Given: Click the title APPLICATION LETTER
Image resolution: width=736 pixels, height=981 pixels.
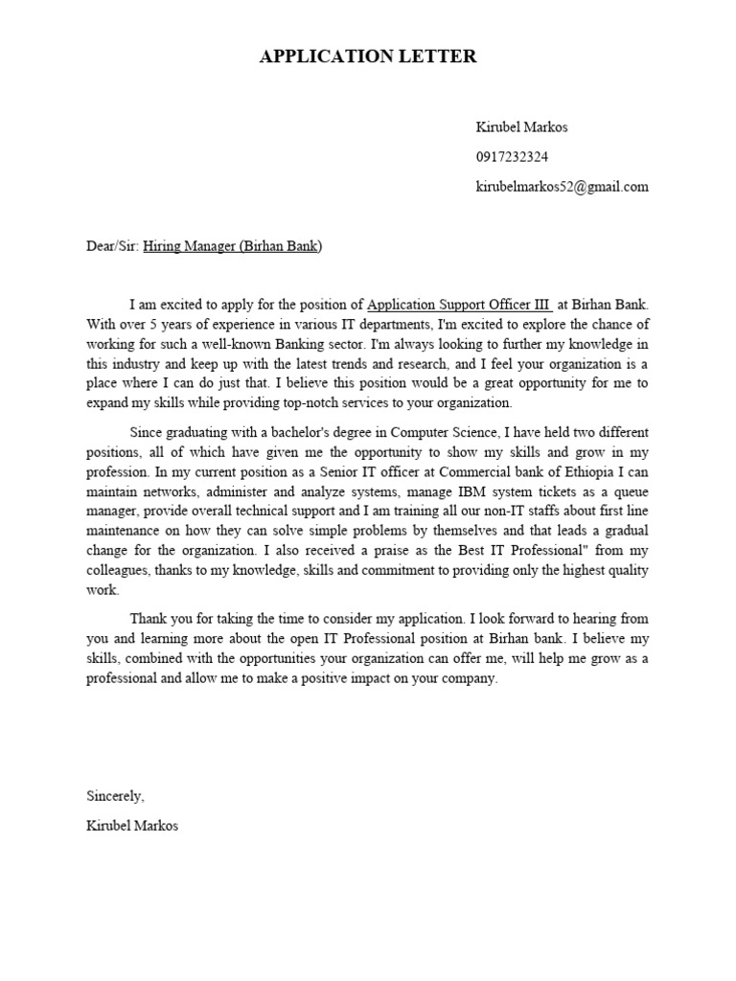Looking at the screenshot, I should [368, 57].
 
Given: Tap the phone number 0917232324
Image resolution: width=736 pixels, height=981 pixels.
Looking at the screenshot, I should [513, 157].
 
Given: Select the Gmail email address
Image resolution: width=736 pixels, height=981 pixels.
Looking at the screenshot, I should [562, 187].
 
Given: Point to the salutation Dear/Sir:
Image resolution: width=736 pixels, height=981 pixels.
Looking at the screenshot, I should [112, 246].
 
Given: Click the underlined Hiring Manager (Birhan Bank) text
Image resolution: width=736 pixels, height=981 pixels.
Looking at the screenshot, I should [233, 246].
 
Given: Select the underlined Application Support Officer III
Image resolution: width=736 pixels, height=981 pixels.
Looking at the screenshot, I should [459, 306].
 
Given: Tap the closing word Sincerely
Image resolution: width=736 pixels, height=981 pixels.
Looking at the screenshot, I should [115, 796].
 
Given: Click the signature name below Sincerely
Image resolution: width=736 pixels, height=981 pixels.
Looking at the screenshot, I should [131, 826].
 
